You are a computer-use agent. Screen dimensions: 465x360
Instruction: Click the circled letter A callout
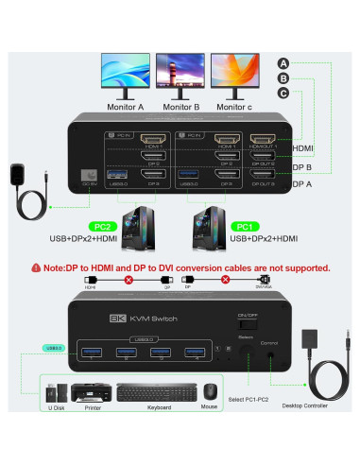coord(283,64)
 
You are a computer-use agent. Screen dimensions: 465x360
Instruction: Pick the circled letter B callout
coord(283,78)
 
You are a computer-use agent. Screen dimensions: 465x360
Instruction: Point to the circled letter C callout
coord(283,93)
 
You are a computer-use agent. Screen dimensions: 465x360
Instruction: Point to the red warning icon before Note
coord(36,267)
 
